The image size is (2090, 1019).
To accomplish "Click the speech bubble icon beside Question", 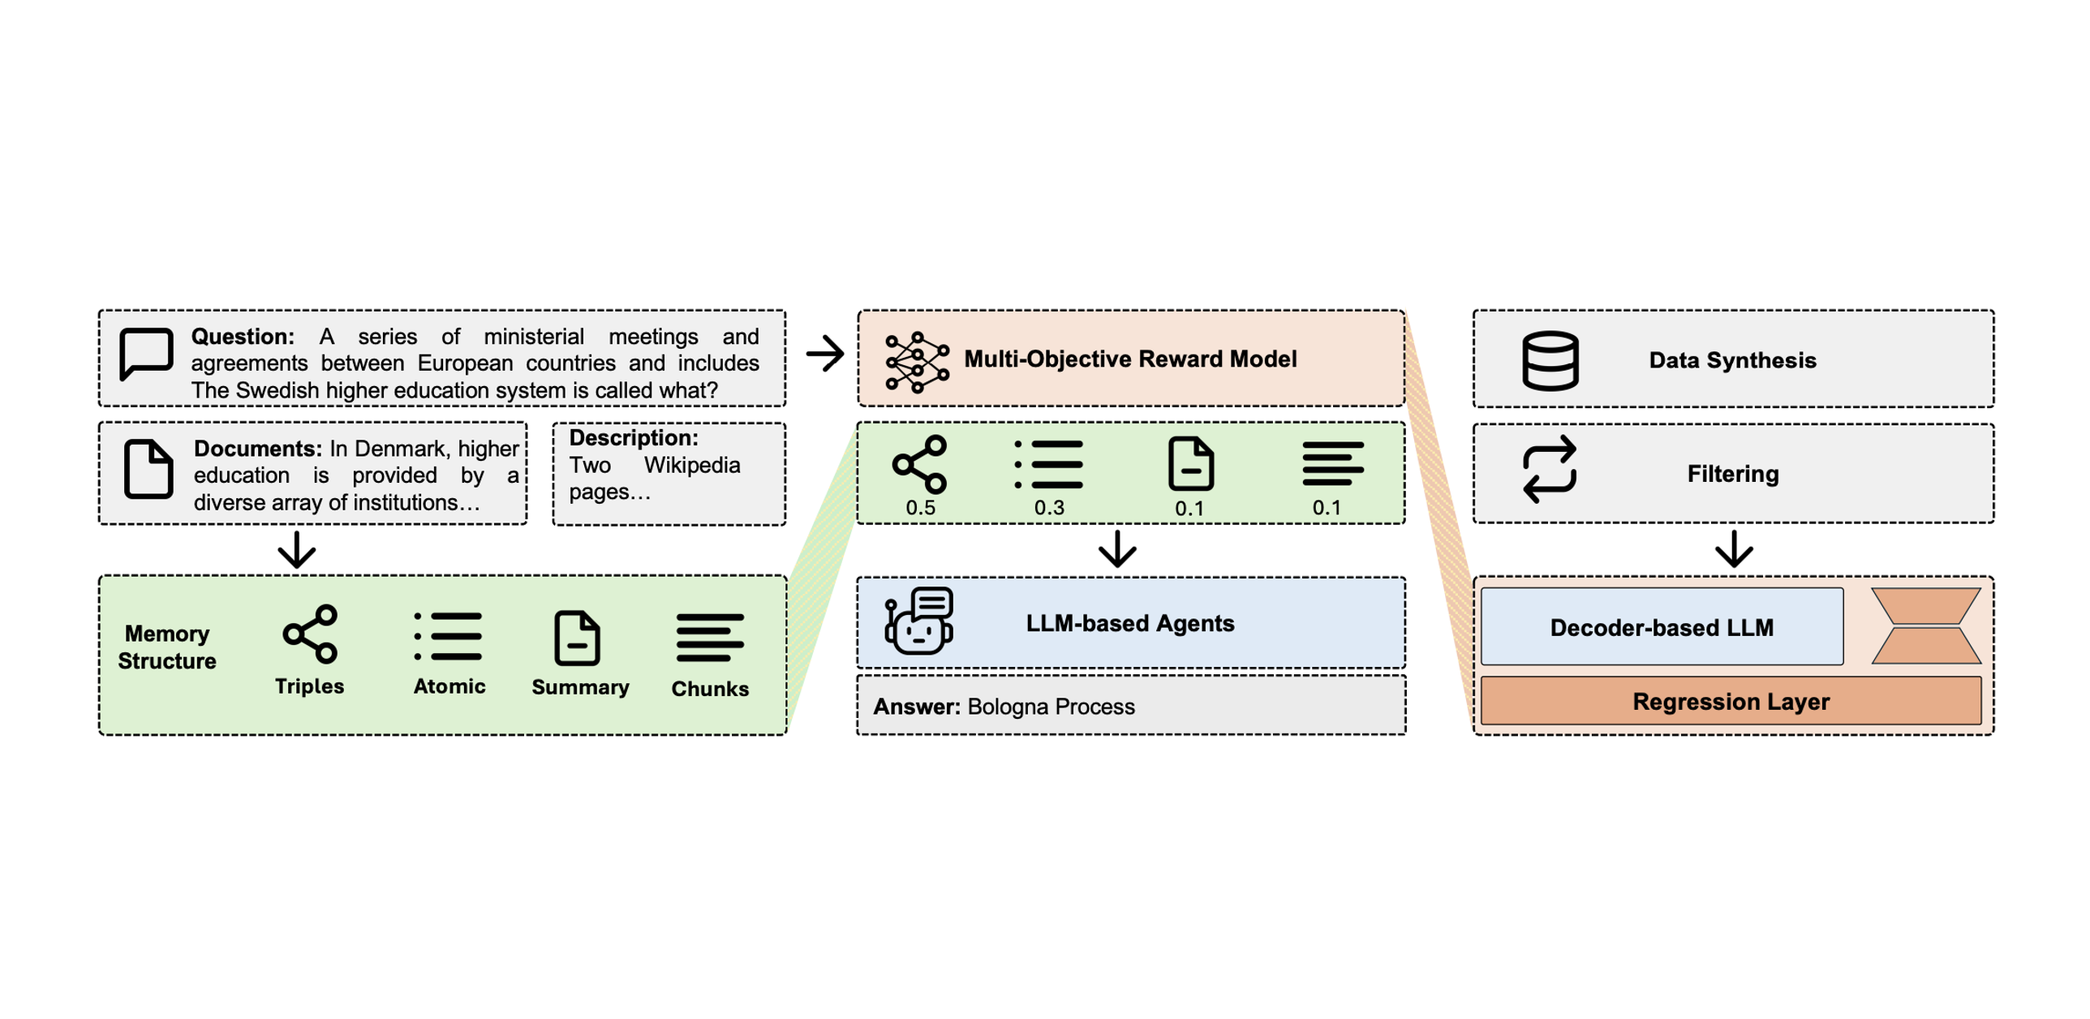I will (x=146, y=354).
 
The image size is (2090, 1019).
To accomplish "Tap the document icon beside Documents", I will (x=148, y=469).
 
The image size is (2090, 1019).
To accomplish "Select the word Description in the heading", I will (x=633, y=438).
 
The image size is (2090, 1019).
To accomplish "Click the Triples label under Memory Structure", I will (x=309, y=686).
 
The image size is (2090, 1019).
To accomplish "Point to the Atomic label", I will (x=449, y=686).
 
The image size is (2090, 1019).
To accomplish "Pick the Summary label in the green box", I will (x=580, y=687).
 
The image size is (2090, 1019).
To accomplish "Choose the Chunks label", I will (x=710, y=689).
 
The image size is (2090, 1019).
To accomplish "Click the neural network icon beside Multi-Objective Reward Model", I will (x=917, y=362).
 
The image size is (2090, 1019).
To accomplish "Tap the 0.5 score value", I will (x=920, y=508).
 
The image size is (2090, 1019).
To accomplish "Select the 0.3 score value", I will (x=1048, y=508).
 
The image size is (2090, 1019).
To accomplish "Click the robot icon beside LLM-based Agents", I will (x=919, y=621).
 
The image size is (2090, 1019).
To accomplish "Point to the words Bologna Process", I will (x=1051, y=707).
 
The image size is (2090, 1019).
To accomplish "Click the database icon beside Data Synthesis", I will (x=1550, y=360).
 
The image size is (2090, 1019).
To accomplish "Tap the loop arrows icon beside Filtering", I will (x=1550, y=470).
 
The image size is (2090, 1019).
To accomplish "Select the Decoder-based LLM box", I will (x=1661, y=627).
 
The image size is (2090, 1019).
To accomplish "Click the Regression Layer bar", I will (x=1731, y=701).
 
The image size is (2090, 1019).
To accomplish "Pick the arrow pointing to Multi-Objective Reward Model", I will (x=825, y=354).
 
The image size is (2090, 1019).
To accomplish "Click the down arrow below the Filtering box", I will (x=1734, y=549).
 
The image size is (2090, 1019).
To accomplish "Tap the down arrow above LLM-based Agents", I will (x=1117, y=549).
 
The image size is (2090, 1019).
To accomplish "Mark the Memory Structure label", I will (x=167, y=647).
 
